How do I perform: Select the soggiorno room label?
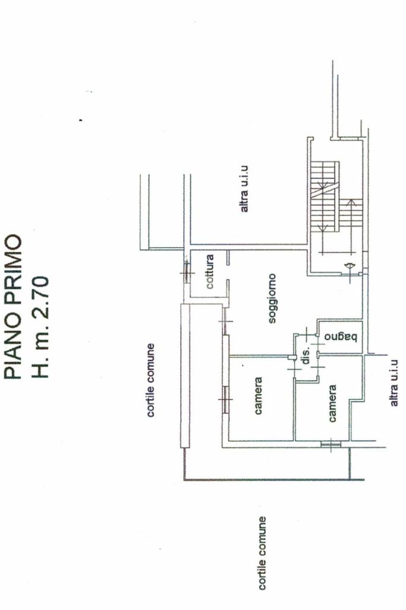[x=272, y=299]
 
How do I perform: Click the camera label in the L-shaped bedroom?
[x=332, y=403]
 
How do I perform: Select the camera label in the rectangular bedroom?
[x=259, y=396]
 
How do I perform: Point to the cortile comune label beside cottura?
[x=151, y=380]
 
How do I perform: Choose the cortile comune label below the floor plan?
[x=262, y=553]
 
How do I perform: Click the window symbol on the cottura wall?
[x=186, y=271]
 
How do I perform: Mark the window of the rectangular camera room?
[x=225, y=400]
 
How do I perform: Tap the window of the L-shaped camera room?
[x=330, y=444]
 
